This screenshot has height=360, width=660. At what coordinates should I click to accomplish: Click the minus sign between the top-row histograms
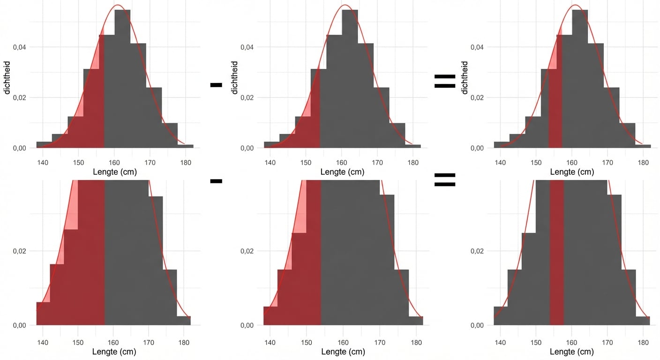click(216, 85)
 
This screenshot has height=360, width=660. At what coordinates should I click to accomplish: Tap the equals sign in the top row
click(445, 81)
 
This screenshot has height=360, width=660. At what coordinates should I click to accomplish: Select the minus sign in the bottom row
click(216, 181)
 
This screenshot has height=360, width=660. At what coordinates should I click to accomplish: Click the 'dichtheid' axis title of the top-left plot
click(7, 77)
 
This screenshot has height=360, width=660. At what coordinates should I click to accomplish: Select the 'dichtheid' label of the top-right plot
click(465, 77)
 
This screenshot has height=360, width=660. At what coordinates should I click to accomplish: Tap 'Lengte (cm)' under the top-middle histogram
click(342, 172)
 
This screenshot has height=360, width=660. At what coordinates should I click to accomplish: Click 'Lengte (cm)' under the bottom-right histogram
click(572, 352)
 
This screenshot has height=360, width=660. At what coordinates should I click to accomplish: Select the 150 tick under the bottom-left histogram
click(78, 342)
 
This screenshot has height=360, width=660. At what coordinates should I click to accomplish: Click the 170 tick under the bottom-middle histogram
click(377, 342)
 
